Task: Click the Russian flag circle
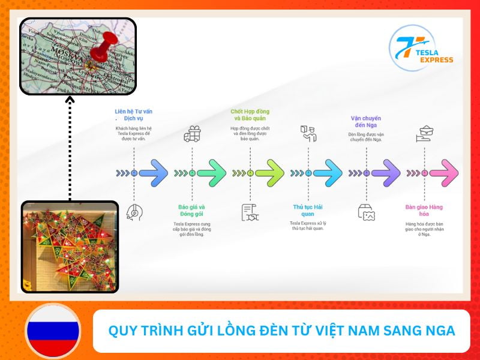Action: pos(53,331)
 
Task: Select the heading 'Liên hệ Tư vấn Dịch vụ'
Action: pos(133,115)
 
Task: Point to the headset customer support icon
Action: pos(134,212)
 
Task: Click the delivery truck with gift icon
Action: pos(192,134)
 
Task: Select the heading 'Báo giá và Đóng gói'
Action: pos(192,211)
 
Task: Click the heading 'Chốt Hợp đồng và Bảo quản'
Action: pos(250,115)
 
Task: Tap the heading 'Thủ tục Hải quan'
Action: pos(308,211)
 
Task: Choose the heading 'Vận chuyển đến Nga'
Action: pos(366,122)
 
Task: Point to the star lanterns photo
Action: pos(70,247)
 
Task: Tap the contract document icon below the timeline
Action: pos(250,212)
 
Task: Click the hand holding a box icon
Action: pos(424,134)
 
